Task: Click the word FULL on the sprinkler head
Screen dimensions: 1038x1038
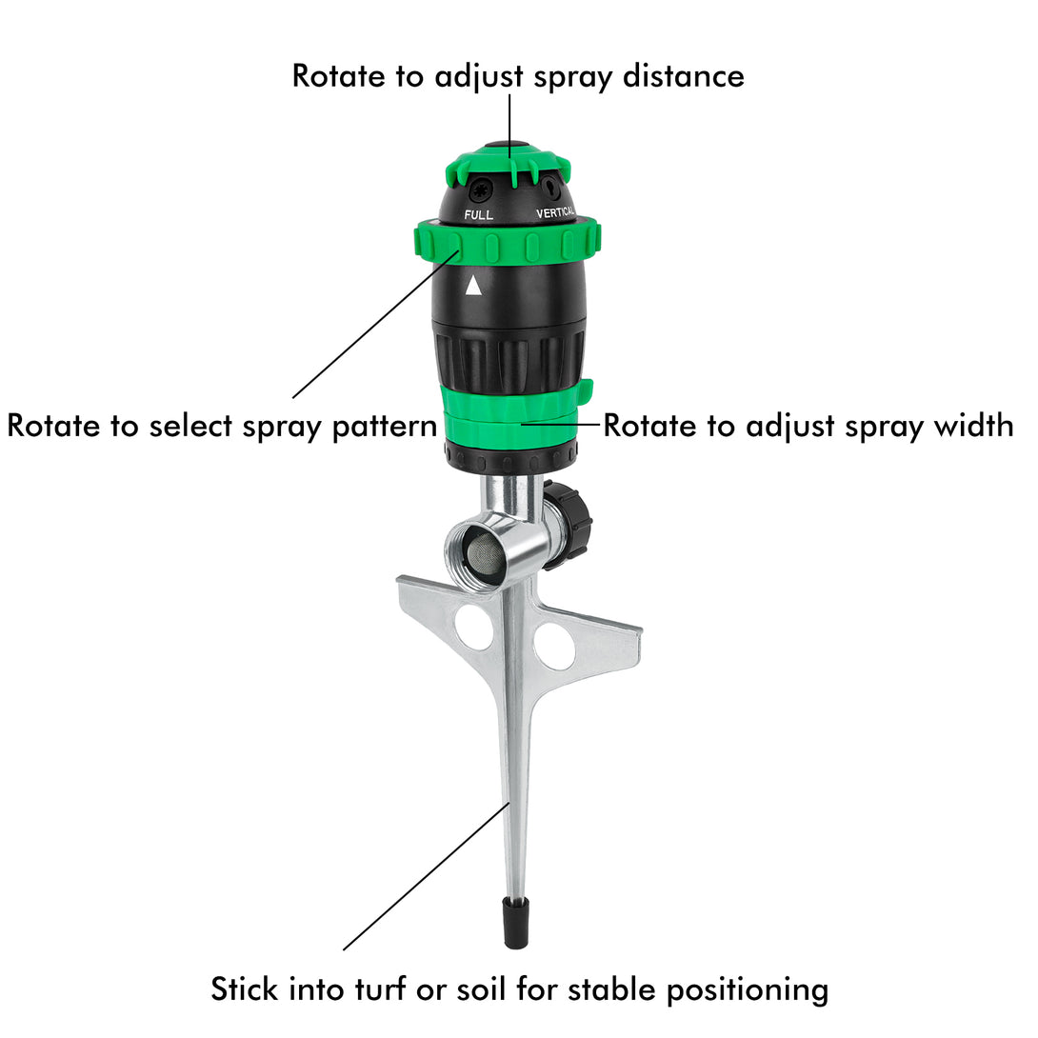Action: tap(478, 214)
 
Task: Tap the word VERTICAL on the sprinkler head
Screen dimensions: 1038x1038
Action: tap(555, 212)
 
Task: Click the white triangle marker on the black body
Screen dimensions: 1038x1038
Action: tap(473, 286)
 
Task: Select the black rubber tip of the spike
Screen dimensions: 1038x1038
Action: tap(516, 923)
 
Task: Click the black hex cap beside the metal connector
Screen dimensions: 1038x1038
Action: tap(568, 525)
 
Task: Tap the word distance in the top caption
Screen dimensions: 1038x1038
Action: tap(684, 76)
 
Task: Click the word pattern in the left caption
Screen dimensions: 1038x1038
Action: tap(384, 427)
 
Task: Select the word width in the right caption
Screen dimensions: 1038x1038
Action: tap(973, 425)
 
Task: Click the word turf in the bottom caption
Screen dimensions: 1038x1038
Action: tap(380, 989)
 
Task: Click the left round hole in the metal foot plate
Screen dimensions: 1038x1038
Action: tap(474, 627)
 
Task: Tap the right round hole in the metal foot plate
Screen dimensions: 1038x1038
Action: tap(555, 645)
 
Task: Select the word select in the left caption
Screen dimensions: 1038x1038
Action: tap(190, 426)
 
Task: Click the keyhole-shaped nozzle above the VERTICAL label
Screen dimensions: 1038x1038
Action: tap(550, 188)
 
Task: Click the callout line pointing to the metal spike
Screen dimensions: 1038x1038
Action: tap(427, 876)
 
